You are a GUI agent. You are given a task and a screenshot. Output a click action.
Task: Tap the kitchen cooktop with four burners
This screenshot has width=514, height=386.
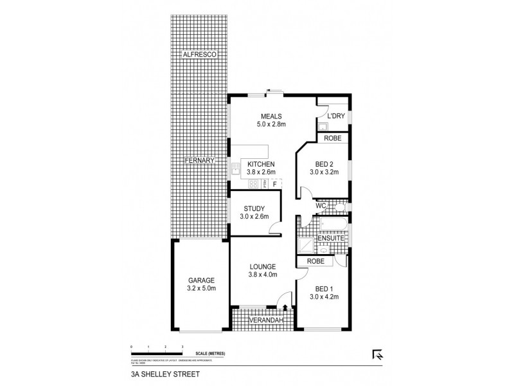253,184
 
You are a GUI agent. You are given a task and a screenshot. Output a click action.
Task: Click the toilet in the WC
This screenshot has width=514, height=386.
339,207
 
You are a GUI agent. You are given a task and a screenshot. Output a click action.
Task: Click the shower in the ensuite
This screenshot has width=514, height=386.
306,245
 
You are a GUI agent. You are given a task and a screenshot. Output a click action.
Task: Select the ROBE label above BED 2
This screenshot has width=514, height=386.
332,138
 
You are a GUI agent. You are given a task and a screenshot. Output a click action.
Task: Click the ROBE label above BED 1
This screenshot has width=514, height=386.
315,261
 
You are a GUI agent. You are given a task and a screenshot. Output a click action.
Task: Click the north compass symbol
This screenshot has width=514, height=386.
377,353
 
